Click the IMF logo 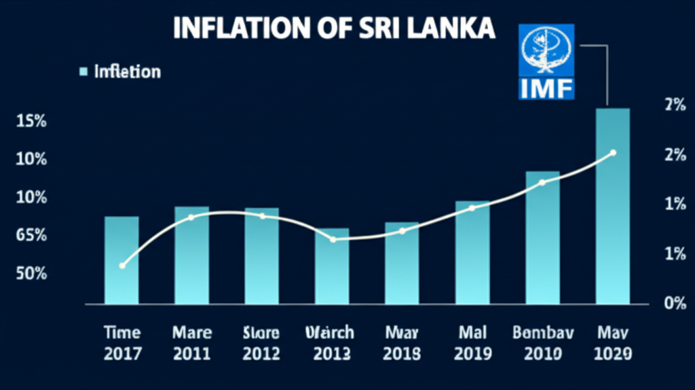click(x=546, y=61)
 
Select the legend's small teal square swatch click(x=83, y=71)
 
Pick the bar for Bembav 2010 click(x=542, y=237)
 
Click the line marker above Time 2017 click(x=122, y=266)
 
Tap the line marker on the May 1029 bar click(x=613, y=153)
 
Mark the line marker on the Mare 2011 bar click(x=191, y=217)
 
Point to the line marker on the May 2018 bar click(x=402, y=231)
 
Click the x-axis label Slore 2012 click(x=261, y=343)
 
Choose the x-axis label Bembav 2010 click(x=542, y=343)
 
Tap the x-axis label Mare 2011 click(x=192, y=343)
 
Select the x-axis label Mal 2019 click(x=472, y=343)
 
